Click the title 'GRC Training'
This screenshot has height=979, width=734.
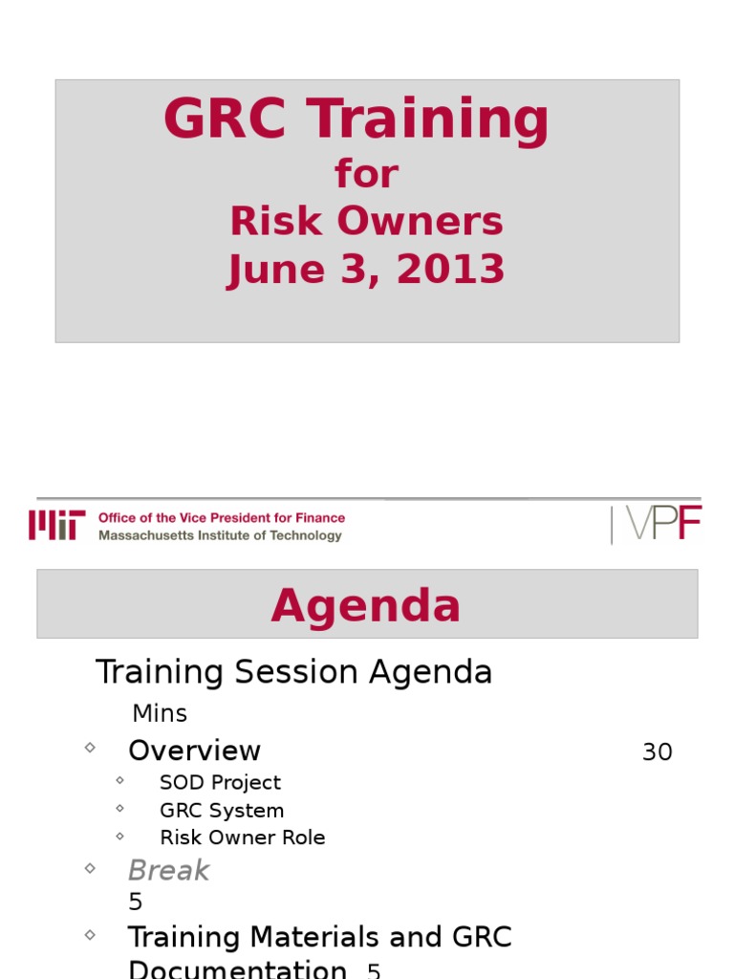(x=356, y=121)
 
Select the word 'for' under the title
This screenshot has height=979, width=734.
(x=366, y=175)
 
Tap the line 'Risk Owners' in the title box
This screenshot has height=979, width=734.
(x=366, y=222)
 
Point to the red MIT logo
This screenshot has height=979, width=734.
(x=56, y=525)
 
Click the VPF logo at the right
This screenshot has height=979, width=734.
(x=656, y=524)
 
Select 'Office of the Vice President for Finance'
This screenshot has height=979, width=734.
(x=222, y=517)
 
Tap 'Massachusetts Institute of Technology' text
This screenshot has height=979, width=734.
(x=220, y=535)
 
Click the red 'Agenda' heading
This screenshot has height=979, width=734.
(x=366, y=606)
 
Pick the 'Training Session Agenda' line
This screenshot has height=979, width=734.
(x=293, y=672)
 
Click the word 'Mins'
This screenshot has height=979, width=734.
(x=160, y=713)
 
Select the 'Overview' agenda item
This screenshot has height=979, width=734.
(x=194, y=751)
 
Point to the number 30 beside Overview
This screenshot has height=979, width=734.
(x=658, y=752)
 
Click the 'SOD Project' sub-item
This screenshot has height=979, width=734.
(x=220, y=782)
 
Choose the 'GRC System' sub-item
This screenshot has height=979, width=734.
(x=222, y=810)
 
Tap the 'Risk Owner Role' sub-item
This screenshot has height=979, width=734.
(x=242, y=838)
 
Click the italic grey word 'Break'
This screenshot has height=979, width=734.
(x=168, y=870)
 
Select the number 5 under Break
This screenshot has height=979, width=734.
(x=135, y=901)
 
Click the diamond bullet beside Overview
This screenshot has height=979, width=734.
(x=90, y=748)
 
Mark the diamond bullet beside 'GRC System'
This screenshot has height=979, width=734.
(x=119, y=808)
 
